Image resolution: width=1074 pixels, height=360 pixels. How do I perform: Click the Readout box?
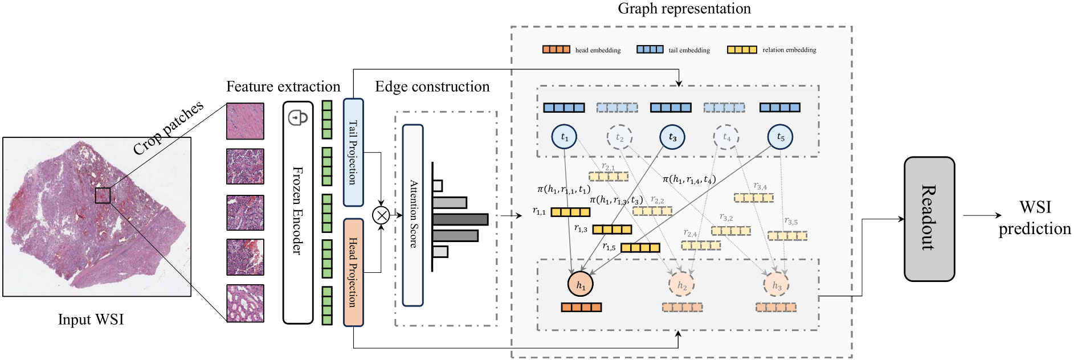coord(929,219)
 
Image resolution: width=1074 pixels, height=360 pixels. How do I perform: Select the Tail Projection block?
coord(353,152)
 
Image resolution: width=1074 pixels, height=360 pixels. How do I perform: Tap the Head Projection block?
coord(353,272)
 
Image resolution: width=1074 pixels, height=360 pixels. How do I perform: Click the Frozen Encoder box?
coord(298,212)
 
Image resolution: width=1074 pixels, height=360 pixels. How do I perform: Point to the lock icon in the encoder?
coord(298,118)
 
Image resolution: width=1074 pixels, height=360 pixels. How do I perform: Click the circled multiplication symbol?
coord(381,215)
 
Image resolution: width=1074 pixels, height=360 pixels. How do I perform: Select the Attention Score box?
coord(413,215)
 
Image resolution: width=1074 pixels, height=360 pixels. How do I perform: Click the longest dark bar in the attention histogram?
coord(460,219)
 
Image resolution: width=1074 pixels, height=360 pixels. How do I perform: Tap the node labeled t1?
coord(564,137)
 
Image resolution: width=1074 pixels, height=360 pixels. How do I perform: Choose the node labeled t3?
coord(672,137)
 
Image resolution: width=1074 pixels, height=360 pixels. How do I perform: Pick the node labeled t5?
coord(780,137)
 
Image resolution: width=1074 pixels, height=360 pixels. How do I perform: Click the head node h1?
coord(581,284)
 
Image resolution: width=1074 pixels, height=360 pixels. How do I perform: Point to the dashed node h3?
coord(777,284)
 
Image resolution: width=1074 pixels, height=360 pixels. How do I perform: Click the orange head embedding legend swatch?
coord(556,50)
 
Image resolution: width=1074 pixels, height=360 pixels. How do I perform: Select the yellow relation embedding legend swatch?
coord(742,50)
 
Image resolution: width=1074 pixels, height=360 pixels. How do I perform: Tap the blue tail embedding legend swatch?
coord(650,50)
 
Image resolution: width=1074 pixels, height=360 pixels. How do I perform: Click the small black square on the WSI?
coord(103,195)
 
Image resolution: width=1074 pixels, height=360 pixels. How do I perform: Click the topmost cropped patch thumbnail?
coord(245,121)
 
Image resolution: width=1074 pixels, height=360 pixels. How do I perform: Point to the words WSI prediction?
coord(1035,218)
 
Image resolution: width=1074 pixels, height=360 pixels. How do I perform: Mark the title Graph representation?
coord(684,9)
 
